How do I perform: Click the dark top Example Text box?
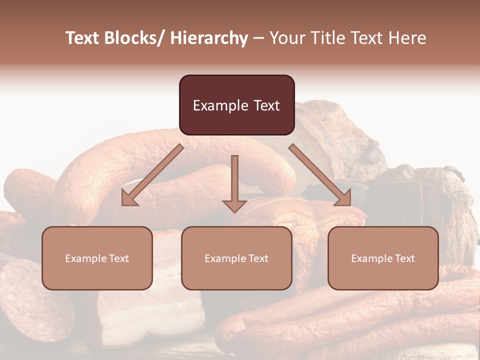click(236, 105)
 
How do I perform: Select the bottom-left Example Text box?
click(97, 258)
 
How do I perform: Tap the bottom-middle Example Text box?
click(236, 258)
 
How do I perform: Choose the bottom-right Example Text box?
click(383, 258)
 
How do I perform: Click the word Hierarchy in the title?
click(209, 38)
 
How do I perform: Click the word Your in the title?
click(285, 38)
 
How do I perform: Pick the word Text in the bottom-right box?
click(404, 258)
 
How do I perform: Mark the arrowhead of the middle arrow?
click(234, 205)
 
